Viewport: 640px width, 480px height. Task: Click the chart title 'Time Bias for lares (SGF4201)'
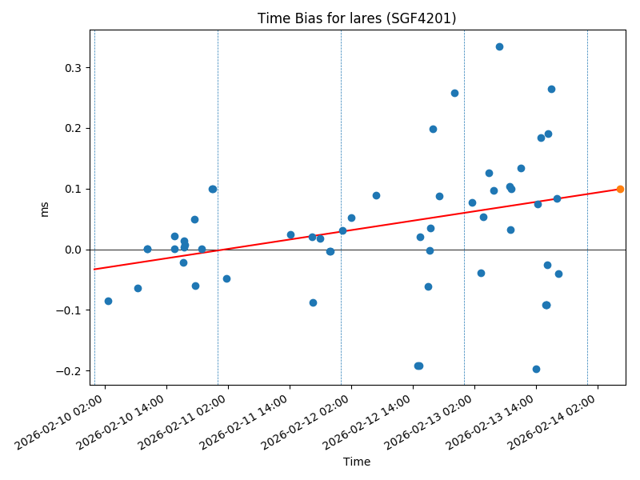(357, 18)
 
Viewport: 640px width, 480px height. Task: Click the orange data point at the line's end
(620, 189)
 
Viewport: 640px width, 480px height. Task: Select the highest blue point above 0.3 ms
(499, 46)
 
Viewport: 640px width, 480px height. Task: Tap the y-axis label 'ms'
(45, 208)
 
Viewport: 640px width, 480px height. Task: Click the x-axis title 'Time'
(357, 462)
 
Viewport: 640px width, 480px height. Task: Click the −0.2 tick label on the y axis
(72, 371)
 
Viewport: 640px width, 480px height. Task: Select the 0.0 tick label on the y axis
(75, 250)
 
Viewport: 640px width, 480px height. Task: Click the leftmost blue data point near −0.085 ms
(108, 301)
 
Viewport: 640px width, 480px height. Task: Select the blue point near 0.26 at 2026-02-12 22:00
(454, 93)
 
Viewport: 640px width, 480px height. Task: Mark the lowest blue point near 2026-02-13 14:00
(536, 369)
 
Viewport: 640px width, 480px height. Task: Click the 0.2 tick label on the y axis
(75, 128)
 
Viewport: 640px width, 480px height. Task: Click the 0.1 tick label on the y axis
(75, 189)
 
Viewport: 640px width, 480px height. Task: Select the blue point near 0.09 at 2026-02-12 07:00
(376, 195)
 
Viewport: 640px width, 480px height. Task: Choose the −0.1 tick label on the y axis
(72, 310)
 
